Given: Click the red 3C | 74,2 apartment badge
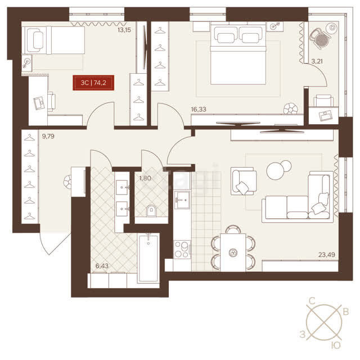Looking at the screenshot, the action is pyautogui.click(x=93, y=83).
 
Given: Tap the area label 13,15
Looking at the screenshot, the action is pyautogui.click(x=124, y=30).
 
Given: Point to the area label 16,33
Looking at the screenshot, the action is pyautogui.click(x=199, y=109).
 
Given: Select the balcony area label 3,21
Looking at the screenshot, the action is pyautogui.click(x=317, y=61).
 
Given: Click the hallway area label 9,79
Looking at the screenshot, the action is pyautogui.click(x=48, y=136).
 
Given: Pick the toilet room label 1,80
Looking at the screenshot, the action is pyautogui.click(x=145, y=178).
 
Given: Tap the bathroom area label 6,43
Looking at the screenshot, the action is pyautogui.click(x=102, y=266).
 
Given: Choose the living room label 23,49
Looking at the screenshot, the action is pyautogui.click(x=326, y=254).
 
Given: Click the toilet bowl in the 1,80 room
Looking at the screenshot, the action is pyautogui.click(x=151, y=210).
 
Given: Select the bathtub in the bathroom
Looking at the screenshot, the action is pyautogui.click(x=148, y=258).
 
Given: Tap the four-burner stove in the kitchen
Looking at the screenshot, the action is pyautogui.click(x=182, y=250).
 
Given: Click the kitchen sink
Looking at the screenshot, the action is pyautogui.click(x=182, y=200).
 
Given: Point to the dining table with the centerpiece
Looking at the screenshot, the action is pyautogui.click(x=233, y=253).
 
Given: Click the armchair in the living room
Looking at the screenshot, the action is pyautogui.click(x=244, y=181).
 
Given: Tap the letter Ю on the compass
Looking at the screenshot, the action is pyautogui.click(x=336, y=345).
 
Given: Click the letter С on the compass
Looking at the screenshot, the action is pyautogui.click(x=312, y=300).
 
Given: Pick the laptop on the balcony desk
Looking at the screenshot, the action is pyautogui.click(x=326, y=116).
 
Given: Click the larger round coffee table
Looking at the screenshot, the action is pyautogui.click(x=275, y=171).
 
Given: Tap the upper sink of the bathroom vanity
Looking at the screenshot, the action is pyautogui.click(x=122, y=187).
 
